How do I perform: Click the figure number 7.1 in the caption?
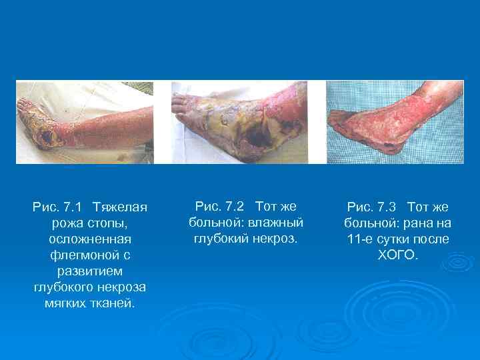[x=71, y=207]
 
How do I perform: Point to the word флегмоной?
[x=89, y=255]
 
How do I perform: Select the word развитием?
[x=89, y=271]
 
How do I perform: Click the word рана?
[x=418, y=223]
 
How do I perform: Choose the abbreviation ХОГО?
[x=397, y=255]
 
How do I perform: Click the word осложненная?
[x=89, y=239]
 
